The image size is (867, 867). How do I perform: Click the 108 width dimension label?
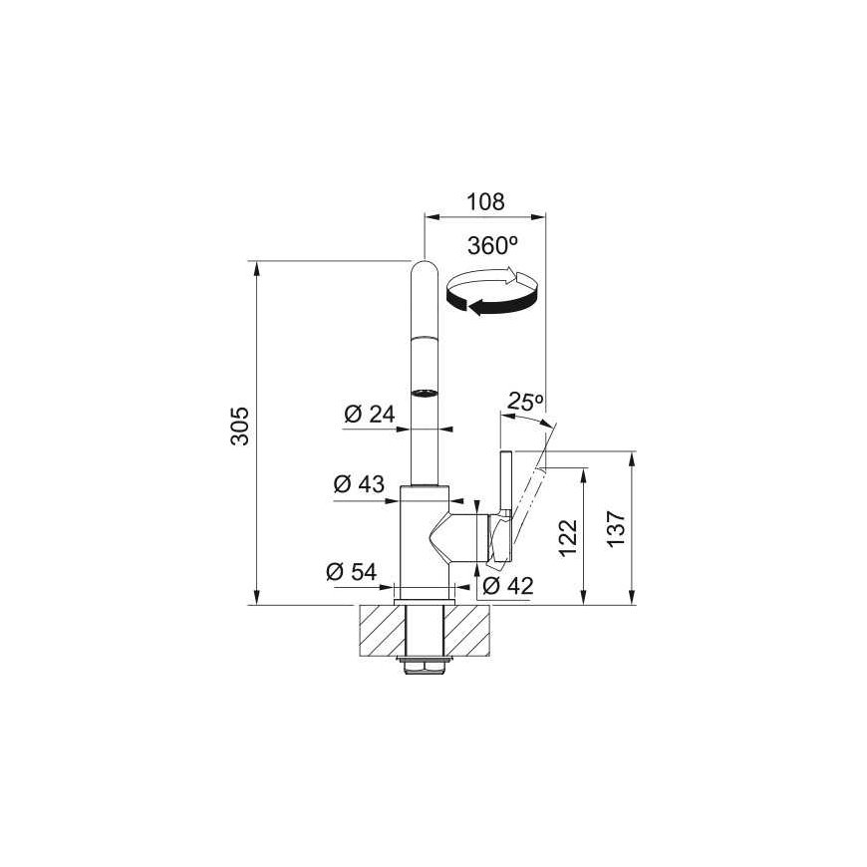point(485,202)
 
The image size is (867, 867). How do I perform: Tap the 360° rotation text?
point(492,246)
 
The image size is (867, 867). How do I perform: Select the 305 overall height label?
point(240,426)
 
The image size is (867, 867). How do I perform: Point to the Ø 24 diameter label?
point(370,414)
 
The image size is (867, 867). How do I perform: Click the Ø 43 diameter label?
point(359,483)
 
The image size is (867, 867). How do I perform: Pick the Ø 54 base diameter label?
point(351,571)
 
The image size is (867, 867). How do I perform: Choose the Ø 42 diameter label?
point(507,586)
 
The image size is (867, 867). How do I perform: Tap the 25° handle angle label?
point(526,402)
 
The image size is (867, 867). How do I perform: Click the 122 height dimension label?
point(568,538)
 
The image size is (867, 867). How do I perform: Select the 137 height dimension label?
point(616,529)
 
